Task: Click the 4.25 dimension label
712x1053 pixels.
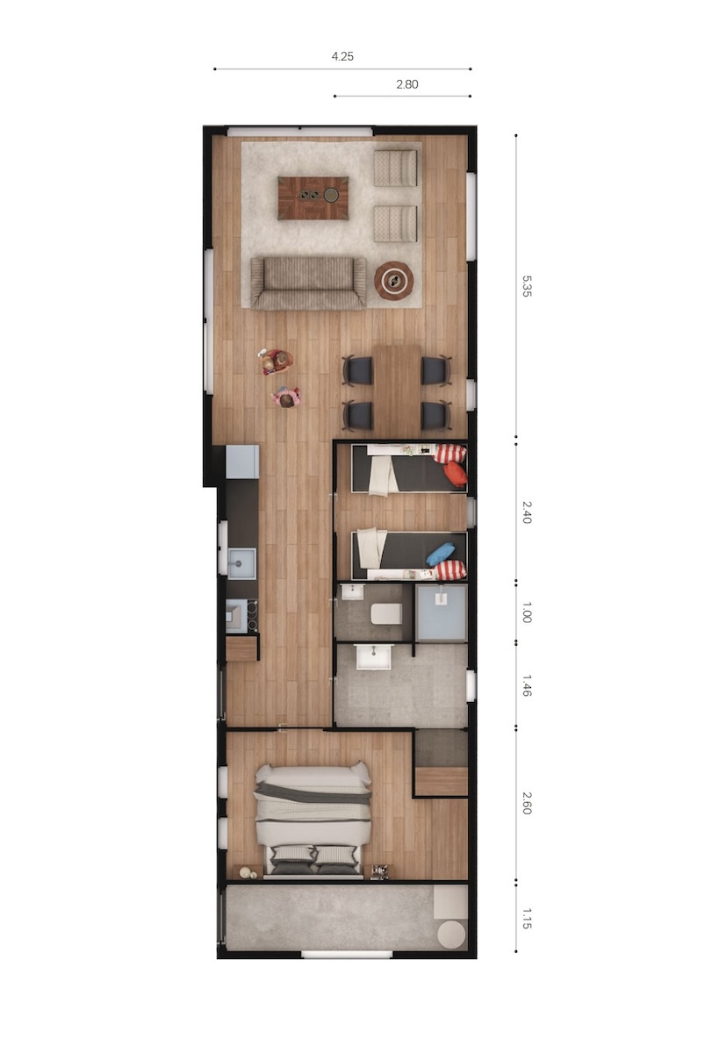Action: point(342,56)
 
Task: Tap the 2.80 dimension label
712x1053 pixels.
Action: point(406,84)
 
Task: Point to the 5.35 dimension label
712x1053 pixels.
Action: point(526,286)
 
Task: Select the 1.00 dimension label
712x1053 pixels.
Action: point(526,612)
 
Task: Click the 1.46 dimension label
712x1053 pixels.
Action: point(526,685)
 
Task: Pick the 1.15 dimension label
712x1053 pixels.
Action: point(526,919)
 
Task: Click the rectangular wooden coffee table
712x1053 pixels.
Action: point(313,198)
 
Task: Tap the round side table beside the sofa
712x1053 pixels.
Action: point(393,281)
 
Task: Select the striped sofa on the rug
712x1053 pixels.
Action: point(308,283)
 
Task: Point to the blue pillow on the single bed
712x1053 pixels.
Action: point(441,554)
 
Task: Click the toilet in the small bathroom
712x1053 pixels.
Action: point(386,613)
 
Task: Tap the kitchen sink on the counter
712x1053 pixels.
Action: point(241,563)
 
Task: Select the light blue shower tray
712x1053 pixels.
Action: point(441,612)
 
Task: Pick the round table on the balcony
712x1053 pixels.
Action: point(451,933)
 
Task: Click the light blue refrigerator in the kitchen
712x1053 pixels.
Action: point(242,462)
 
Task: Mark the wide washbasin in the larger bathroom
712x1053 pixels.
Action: point(374,656)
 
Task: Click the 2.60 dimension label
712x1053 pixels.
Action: point(526,803)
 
